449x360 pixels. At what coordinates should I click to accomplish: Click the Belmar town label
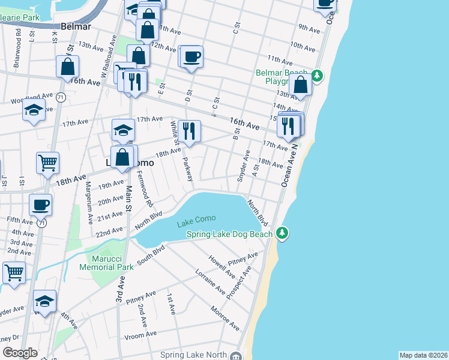pos(76,26)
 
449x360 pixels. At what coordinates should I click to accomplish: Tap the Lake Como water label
pos(196,224)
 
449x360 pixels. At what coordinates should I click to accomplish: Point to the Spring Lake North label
pos(193,355)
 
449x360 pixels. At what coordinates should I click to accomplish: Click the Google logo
pos(20,353)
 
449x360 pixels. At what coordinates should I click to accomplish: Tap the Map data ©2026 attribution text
pos(423,355)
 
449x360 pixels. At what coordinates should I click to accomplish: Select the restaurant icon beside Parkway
pos(189,131)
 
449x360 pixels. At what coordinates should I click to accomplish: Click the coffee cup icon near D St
pos(192,57)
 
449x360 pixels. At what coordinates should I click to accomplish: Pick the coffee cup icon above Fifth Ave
pos(40,205)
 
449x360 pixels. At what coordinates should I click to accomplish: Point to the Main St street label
pos(128,197)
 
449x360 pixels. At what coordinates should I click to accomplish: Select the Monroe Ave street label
pos(224,318)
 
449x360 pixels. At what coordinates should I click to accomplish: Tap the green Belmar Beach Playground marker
pos(317,76)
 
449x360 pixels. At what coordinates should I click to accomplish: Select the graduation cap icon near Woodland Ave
pos(34,109)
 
